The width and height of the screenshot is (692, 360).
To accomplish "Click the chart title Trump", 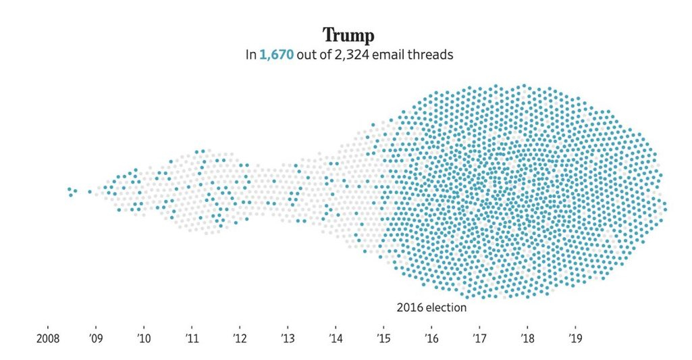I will (x=348, y=34).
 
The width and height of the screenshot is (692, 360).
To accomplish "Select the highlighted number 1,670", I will (x=277, y=55).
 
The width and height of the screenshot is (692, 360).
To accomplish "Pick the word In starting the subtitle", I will (x=250, y=55).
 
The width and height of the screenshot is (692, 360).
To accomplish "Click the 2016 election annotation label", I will (x=431, y=308).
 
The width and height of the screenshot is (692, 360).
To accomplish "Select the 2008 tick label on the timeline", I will (x=48, y=337).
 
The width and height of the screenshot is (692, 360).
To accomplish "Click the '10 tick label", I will (x=143, y=337).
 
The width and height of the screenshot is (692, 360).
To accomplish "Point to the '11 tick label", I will (x=191, y=337).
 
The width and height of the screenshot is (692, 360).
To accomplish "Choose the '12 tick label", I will (x=239, y=337).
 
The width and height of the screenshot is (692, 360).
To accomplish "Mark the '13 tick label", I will (x=288, y=337).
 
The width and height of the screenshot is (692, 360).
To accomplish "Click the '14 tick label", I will (x=336, y=337).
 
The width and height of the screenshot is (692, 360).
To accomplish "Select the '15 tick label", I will (x=383, y=337).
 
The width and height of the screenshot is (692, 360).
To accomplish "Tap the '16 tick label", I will (x=431, y=337).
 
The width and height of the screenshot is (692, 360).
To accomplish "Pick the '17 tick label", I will (x=479, y=337).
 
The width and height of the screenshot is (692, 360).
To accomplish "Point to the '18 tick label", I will (x=527, y=337).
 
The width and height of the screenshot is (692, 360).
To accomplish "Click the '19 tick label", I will (x=575, y=337).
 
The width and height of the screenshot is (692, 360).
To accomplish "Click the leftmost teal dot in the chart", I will (x=69, y=190).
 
